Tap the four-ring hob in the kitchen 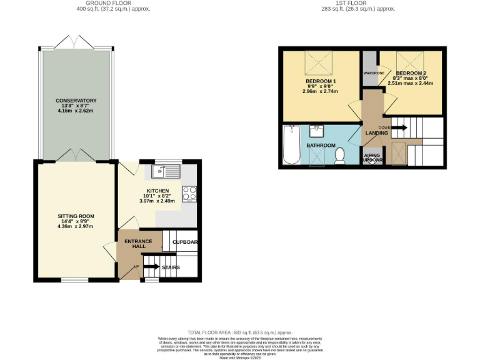coord(189,194)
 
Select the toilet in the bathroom coord(341,156)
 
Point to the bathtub coord(291,145)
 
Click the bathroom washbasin coord(316,131)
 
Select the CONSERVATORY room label coord(76,101)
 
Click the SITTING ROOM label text coord(76,216)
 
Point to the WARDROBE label coord(369,73)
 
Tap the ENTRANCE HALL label coord(135,244)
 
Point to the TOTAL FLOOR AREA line coord(240,332)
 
